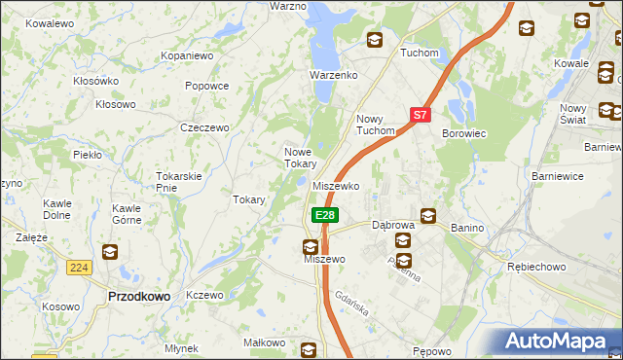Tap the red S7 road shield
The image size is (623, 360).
(x=420, y=114)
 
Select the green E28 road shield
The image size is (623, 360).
(x=324, y=215)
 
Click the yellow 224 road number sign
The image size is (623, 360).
(x=80, y=267)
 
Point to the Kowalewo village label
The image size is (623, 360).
(x=51, y=22)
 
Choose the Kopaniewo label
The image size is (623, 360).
(x=187, y=56)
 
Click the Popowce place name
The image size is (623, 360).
(x=206, y=86)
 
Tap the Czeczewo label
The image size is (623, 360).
(x=204, y=127)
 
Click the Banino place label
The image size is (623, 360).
(x=467, y=227)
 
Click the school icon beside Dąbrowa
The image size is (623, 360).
(x=427, y=216)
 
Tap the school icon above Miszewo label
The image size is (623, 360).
(x=310, y=247)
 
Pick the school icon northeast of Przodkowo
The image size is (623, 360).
(x=109, y=252)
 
